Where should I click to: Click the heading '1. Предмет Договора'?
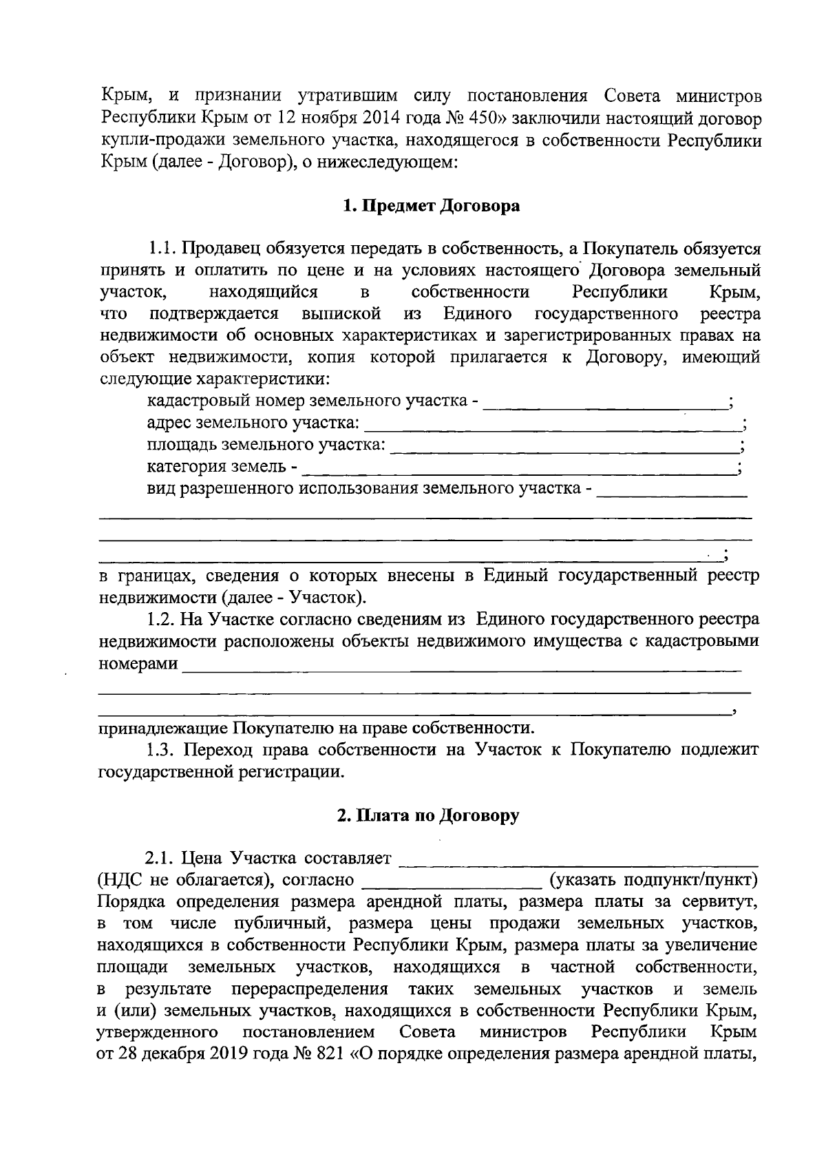[432, 205]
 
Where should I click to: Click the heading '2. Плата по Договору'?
[428, 816]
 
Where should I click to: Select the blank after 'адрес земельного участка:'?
[551, 424]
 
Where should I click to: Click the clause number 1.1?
[163, 249]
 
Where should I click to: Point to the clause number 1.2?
[163, 620]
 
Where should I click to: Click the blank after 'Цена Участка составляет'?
[578, 860]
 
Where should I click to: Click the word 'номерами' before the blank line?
[138, 664]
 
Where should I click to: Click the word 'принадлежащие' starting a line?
[165, 728]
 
